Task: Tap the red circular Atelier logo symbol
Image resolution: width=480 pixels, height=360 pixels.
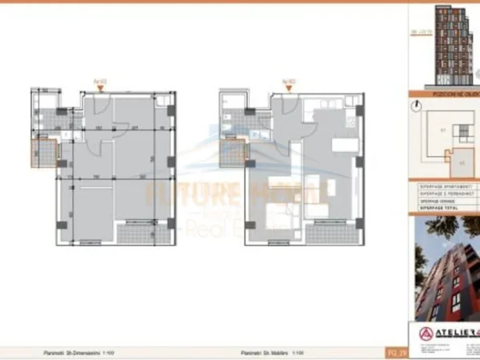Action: click(427, 332)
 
